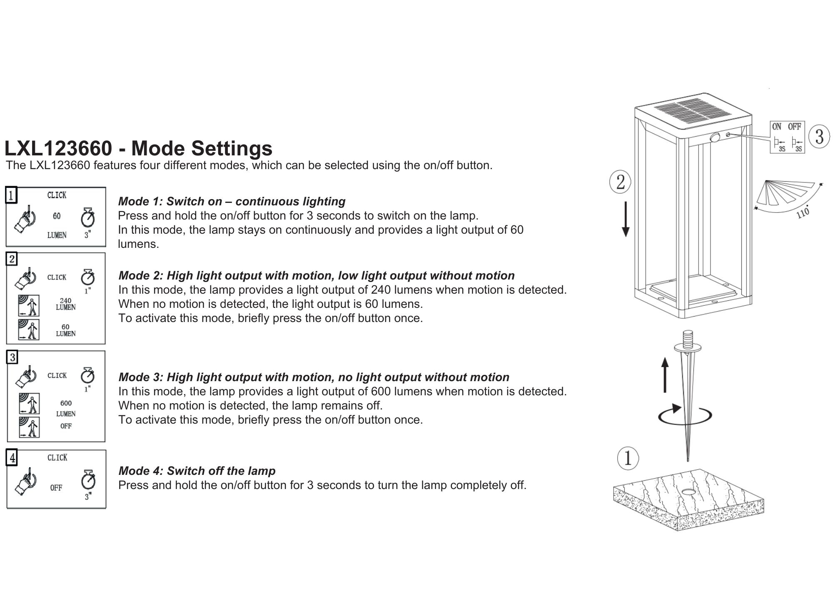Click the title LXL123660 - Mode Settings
click(138, 148)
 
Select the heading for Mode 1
click(232, 202)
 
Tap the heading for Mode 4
click(197, 471)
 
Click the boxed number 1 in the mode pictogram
click(11, 195)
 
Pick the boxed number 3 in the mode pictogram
click(12, 357)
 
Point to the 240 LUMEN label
click(65, 304)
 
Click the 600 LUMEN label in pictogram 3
click(66, 408)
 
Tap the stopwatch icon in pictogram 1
click(88, 217)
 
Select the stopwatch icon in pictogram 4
click(88, 480)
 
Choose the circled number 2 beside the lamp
click(620, 182)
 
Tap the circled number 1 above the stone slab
click(628, 458)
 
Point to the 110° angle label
click(803, 213)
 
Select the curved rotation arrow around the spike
click(685, 415)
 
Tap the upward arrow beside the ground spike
click(665, 375)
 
